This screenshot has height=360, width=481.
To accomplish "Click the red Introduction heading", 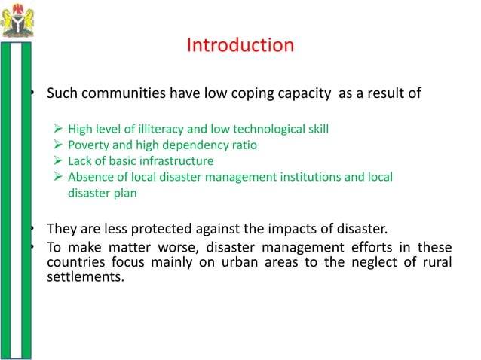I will coord(240,46).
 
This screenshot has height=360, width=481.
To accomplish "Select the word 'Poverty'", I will coord(89,145).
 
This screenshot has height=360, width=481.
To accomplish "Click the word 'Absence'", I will coord(90,177).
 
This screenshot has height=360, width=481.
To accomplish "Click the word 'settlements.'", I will coord(85,277).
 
